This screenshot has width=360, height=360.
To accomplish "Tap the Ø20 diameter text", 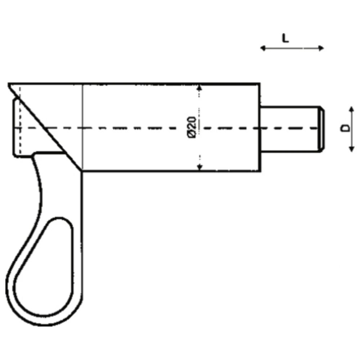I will [192, 127].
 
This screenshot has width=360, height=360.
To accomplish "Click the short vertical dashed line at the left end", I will [20, 122].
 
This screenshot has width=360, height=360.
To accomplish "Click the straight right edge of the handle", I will [81, 234].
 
